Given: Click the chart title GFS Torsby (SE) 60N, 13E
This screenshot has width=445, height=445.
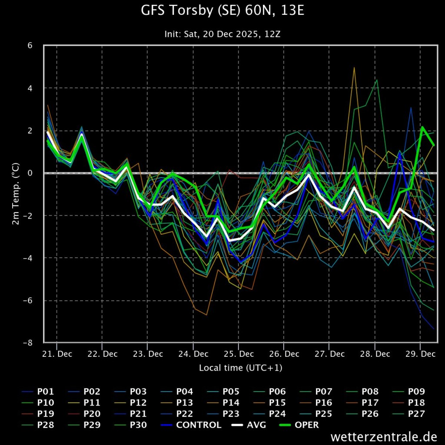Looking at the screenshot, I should tap(222, 11).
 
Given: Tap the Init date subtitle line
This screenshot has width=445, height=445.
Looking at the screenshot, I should tap(222, 34).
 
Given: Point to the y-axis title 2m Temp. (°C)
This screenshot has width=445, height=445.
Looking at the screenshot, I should tap(16, 194).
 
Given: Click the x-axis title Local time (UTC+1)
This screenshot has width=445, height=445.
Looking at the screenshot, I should tap(240, 368).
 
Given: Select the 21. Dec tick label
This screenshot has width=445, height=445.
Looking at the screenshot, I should tap(57, 354).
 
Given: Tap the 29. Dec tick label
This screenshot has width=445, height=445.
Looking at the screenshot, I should tap(421, 354).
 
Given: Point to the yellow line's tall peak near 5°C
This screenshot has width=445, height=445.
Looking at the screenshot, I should tap(354, 68).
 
